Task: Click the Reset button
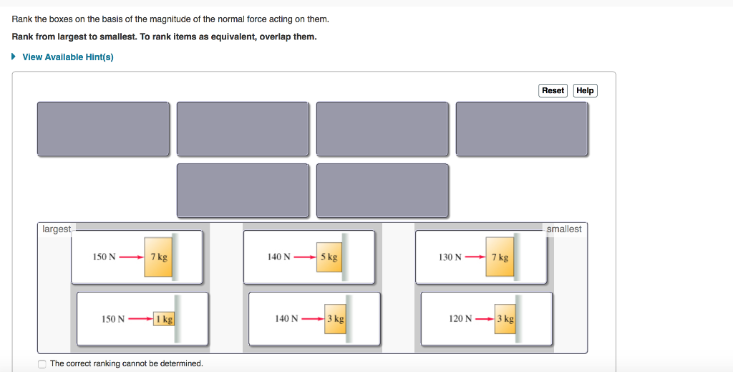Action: pos(553,90)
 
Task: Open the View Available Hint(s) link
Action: pos(68,57)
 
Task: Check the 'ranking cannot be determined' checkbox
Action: pos(43,363)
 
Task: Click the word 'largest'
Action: pos(57,229)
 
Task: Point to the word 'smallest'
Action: pos(564,229)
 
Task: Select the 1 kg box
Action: pos(164,319)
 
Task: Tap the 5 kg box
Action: pos(329,257)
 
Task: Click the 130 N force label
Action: pos(450,257)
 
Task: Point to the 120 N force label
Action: pos(460,319)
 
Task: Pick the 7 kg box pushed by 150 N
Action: pos(158,257)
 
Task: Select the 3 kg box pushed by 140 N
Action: pos(335,319)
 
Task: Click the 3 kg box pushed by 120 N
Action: pos(505,319)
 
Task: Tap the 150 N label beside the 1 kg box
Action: pos(113,319)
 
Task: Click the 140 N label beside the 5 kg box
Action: pos(278,257)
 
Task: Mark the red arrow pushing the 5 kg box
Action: pos(304,257)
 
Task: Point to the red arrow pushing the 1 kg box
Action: pos(140,319)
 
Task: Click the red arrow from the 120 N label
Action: pos(485,319)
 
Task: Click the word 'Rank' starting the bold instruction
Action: pos(23,37)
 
